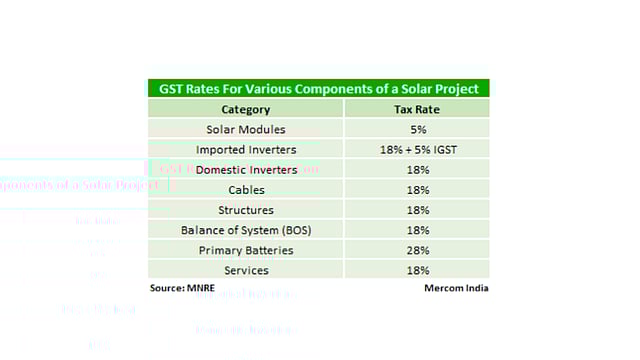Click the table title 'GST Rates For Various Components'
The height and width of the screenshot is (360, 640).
click(318, 88)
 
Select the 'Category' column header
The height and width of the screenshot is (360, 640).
click(245, 109)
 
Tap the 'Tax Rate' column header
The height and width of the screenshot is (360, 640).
click(418, 109)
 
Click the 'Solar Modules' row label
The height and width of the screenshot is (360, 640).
click(245, 129)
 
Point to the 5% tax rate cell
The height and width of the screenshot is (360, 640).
click(418, 129)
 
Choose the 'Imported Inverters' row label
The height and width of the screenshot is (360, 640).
click(245, 149)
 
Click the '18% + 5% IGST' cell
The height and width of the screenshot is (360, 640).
click(418, 149)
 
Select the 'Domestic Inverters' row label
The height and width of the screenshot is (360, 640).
click(246, 170)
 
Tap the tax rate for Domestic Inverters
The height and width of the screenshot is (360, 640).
click(418, 170)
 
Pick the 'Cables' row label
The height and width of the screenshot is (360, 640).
click(246, 190)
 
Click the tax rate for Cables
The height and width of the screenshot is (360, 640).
click(418, 190)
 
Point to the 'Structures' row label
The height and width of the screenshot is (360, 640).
click(246, 210)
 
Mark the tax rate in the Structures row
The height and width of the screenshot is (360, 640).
click(418, 210)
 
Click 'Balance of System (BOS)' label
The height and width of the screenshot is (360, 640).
click(246, 230)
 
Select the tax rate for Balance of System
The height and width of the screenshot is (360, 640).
click(418, 230)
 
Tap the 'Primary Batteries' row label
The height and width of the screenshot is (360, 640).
click(246, 250)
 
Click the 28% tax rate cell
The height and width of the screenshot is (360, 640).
click(418, 250)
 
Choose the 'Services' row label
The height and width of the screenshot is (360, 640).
click(246, 270)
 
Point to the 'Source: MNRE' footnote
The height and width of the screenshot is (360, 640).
click(182, 289)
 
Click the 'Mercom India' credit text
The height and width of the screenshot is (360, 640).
click(455, 289)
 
